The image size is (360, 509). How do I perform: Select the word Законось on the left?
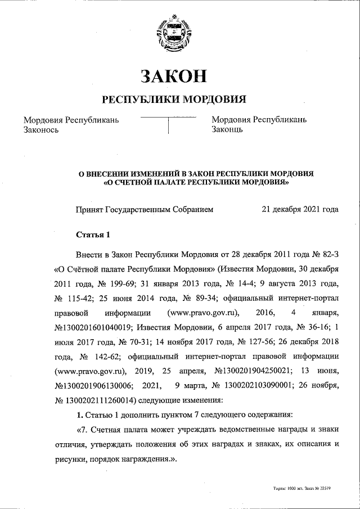tap(40, 130)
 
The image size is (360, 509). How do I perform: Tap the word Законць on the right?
tap(227, 130)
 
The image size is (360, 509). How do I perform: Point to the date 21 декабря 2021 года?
tap(300, 209)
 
